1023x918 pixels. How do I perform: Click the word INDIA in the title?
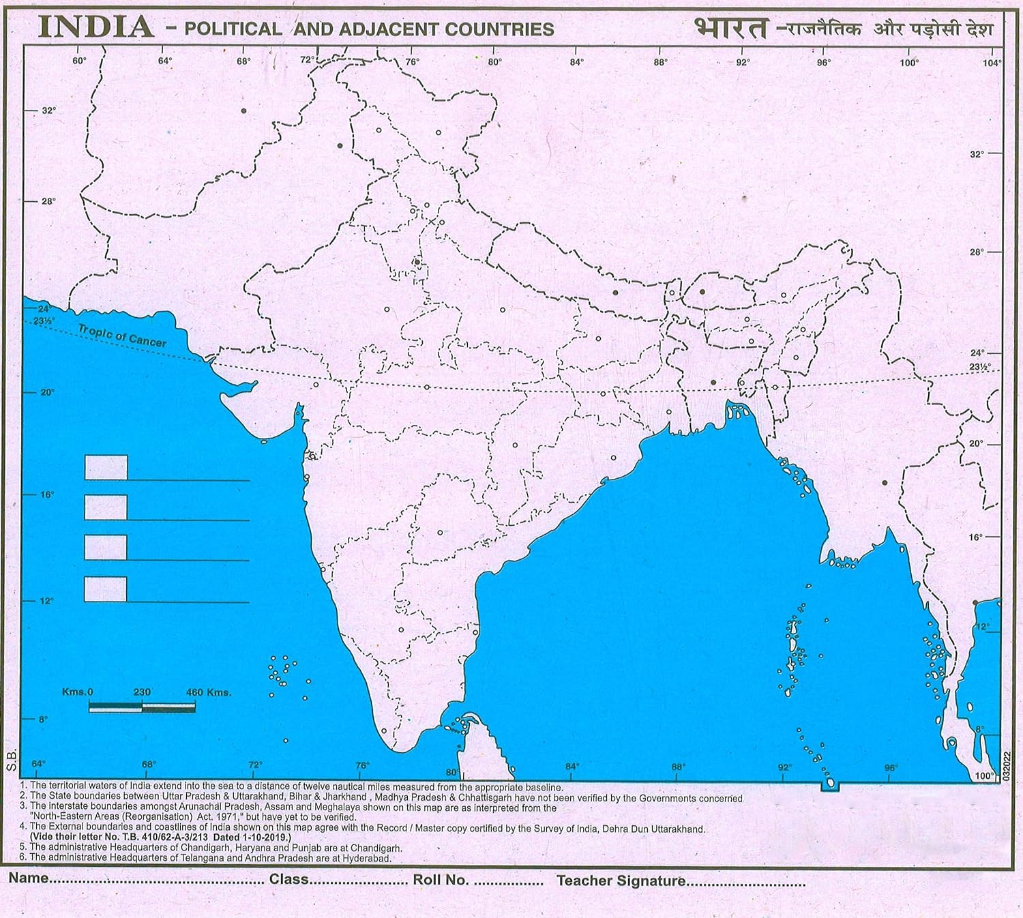(x=95, y=27)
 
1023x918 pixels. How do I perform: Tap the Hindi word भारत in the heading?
(x=730, y=28)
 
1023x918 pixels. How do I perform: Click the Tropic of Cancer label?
(x=122, y=336)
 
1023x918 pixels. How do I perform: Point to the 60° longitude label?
(x=79, y=61)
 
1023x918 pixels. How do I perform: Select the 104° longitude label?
(x=992, y=63)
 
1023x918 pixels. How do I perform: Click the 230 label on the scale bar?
(x=142, y=692)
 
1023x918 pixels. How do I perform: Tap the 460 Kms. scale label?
(x=208, y=692)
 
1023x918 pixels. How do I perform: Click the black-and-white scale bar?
(x=142, y=708)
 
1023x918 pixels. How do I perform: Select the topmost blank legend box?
(x=106, y=467)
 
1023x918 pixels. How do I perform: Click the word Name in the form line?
(x=29, y=878)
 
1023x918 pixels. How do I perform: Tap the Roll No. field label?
(x=441, y=880)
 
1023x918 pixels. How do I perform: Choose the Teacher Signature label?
(x=621, y=880)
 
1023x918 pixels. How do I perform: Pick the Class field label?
(x=288, y=879)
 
